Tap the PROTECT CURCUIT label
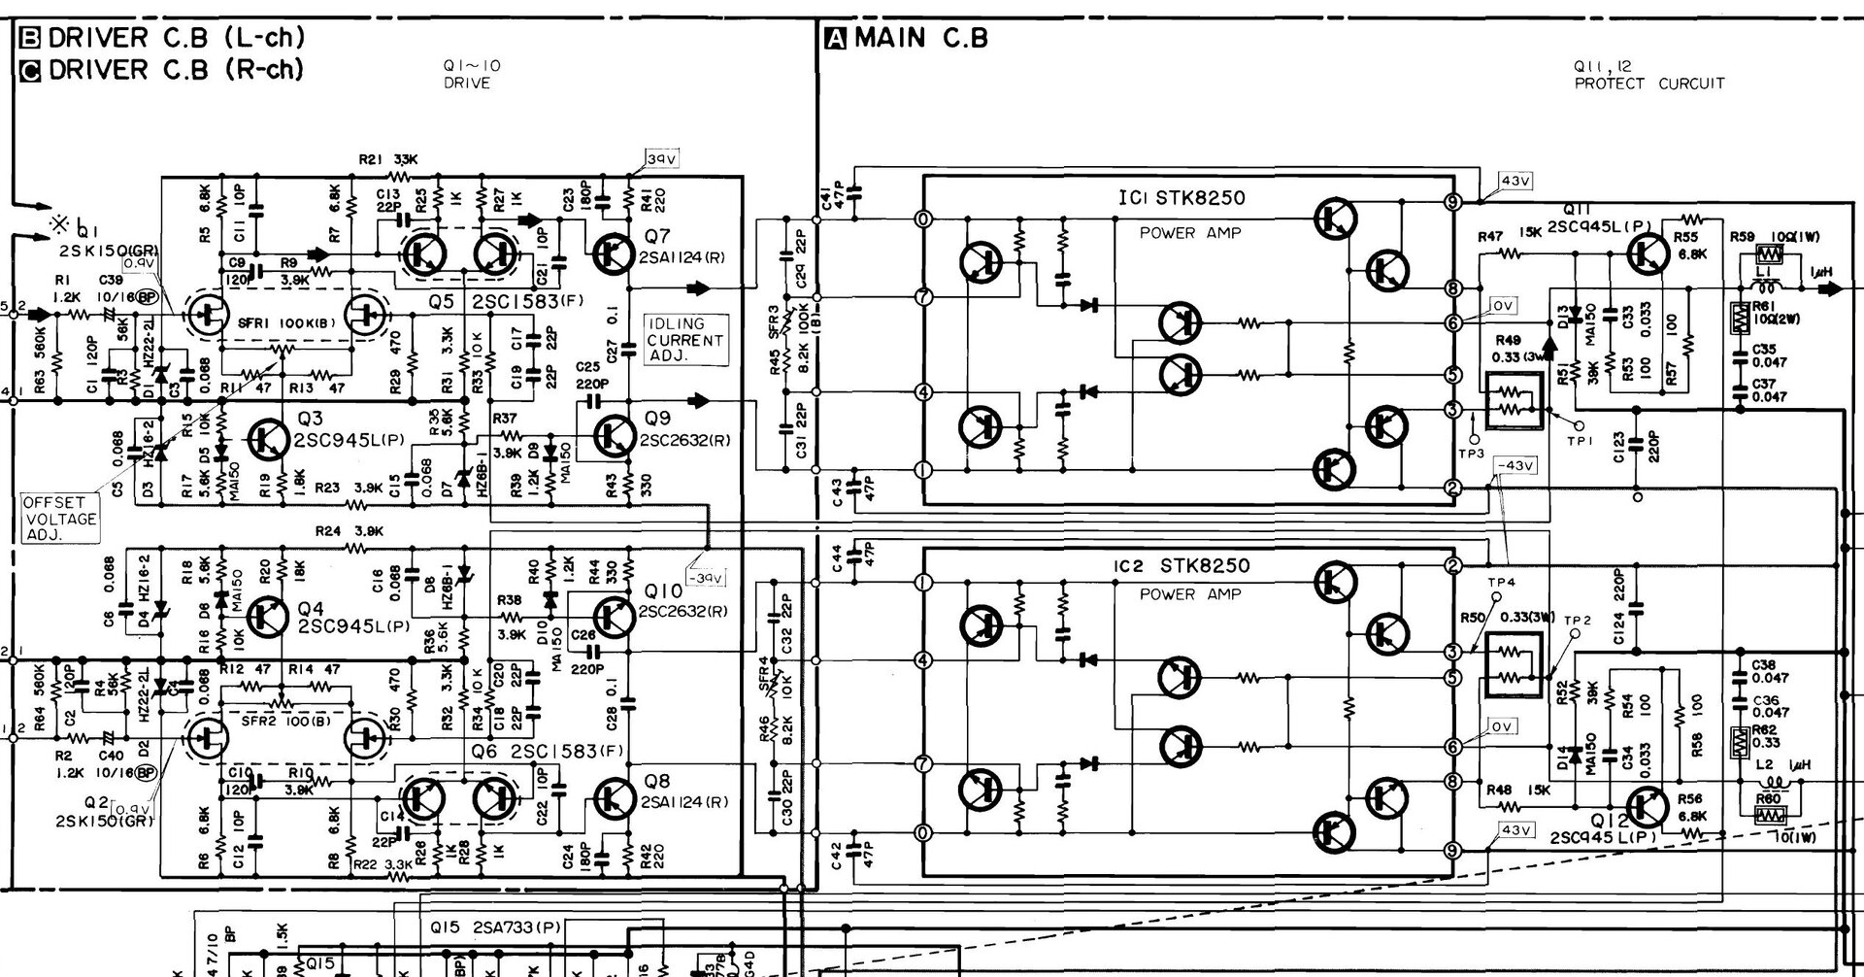coord(1649,84)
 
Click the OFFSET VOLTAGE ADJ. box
coord(61,519)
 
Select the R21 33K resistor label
coord(387,159)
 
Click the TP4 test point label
coord(1501,582)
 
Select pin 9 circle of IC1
coord(1452,202)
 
